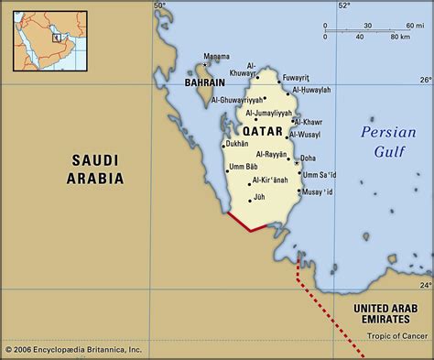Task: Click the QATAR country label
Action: click(263, 131)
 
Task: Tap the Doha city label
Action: click(309, 158)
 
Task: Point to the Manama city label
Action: click(217, 56)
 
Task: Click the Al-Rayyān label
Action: click(271, 155)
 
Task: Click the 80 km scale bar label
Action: click(400, 38)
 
